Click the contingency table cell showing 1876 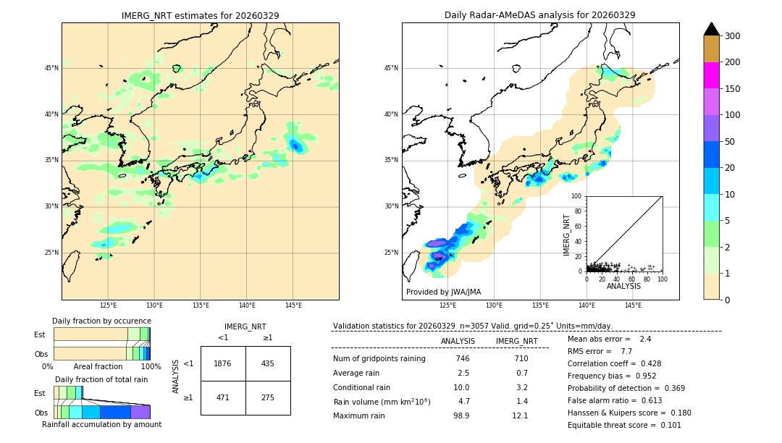[x=223, y=363]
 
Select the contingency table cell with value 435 [x=268, y=363]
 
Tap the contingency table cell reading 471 [x=223, y=397]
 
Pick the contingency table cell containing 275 [x=268, y=397]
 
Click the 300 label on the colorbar [x=732, y=36]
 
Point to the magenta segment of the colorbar [x=711, y=75]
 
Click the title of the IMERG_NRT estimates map [x=200, y=15]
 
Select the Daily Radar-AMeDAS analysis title [x=539, y=15]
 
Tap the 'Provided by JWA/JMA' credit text [x=443, y=292]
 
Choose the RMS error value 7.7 [x=626, y=351]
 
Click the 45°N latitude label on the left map [x=51, y=68]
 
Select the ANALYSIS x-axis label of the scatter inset [x=623, y=286]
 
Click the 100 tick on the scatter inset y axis [x=577, y=196]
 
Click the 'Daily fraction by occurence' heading [x=101, y=321]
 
